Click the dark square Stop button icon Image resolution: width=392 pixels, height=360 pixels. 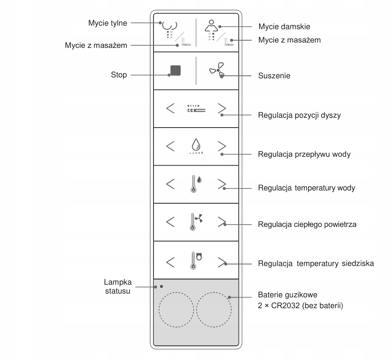(175, 70)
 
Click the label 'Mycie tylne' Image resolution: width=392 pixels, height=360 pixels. (108, 23)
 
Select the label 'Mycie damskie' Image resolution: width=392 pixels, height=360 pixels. (284, 27)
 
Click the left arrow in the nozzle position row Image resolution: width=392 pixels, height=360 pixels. (170, 108)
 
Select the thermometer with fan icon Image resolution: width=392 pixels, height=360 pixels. (196, 222)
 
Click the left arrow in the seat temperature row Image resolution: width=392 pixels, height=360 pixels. (170, 262)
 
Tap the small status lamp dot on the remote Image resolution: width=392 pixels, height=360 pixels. (161, 286)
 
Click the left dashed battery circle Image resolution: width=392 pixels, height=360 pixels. (176, 310)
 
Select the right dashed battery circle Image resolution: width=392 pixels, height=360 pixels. (214, 310)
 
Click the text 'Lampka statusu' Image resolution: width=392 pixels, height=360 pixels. (118, 286)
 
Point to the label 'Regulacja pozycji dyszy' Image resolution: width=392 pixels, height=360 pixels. (299, 115)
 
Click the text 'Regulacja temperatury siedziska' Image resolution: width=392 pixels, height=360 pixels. (316, 264)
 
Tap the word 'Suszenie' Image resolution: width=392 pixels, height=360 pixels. (274, 76)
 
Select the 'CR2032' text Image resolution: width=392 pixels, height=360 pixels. (285, 306)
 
